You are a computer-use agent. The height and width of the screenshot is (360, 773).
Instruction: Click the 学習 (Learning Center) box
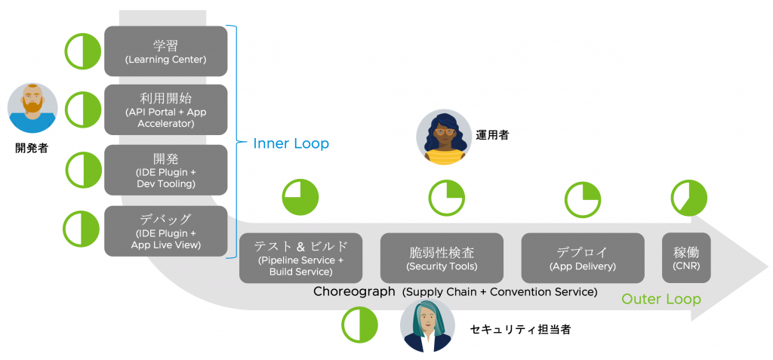click(x=165, y=51)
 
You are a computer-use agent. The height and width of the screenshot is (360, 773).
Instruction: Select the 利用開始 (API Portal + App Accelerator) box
click(x=165, y=109)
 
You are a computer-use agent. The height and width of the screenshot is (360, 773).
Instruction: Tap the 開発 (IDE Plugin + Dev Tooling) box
click(x=165, y=169)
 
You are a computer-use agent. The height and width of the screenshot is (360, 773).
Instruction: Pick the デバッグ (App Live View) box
click(x=165, y=229)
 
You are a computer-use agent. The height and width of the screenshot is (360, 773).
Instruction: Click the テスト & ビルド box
click(x=300, y=257)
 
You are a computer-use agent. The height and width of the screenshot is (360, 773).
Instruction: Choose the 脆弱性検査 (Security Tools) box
click(x=442, y=257)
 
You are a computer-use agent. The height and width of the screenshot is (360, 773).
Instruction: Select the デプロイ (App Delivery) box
click(x=583, y=257)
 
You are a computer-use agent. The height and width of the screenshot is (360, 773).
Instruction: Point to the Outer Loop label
click(x=661, y=299)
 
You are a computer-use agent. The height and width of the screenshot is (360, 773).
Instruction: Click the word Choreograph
click(x=353, y=291)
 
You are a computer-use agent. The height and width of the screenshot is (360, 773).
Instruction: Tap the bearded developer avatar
click(x=32, y=108)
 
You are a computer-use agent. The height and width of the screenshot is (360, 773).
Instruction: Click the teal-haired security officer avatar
click(x=427, y=326)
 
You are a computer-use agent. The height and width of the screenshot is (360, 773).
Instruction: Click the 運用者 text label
click(x=492, y=135)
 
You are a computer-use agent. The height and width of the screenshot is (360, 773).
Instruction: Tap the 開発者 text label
click(x=32, y=148)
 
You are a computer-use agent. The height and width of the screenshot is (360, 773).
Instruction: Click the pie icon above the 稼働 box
click(x=688, y=198)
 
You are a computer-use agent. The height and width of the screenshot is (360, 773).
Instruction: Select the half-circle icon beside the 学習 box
click(x=82, y=51)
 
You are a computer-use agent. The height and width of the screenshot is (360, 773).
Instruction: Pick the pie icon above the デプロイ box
click(x=583, y=200)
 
